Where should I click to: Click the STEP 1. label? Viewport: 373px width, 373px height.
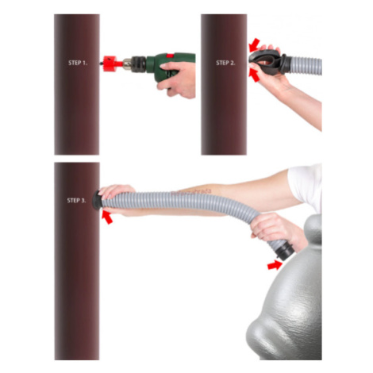point(78,63)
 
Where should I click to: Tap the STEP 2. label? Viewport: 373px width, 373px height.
point(225,63)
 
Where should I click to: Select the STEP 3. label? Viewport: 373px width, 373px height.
point(76,201)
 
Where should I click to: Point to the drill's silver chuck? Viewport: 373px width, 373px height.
point(128,64)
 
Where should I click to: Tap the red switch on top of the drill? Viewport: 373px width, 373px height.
point(170,56)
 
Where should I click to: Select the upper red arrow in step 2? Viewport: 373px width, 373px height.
point(255,45)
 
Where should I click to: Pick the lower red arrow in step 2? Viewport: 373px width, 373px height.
point(255,75)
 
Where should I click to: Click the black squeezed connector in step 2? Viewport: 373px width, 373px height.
point(268,63)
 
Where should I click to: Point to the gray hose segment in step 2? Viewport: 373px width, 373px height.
point(306,65)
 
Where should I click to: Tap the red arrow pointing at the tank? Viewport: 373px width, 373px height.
point(275,265)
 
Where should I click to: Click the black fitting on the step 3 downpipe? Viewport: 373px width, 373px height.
point(97,200)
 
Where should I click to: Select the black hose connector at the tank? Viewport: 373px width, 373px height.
point(285,251)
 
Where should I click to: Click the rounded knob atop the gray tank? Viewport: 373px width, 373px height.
point(313,229)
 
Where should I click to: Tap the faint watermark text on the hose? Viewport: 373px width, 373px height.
point(191,192)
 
